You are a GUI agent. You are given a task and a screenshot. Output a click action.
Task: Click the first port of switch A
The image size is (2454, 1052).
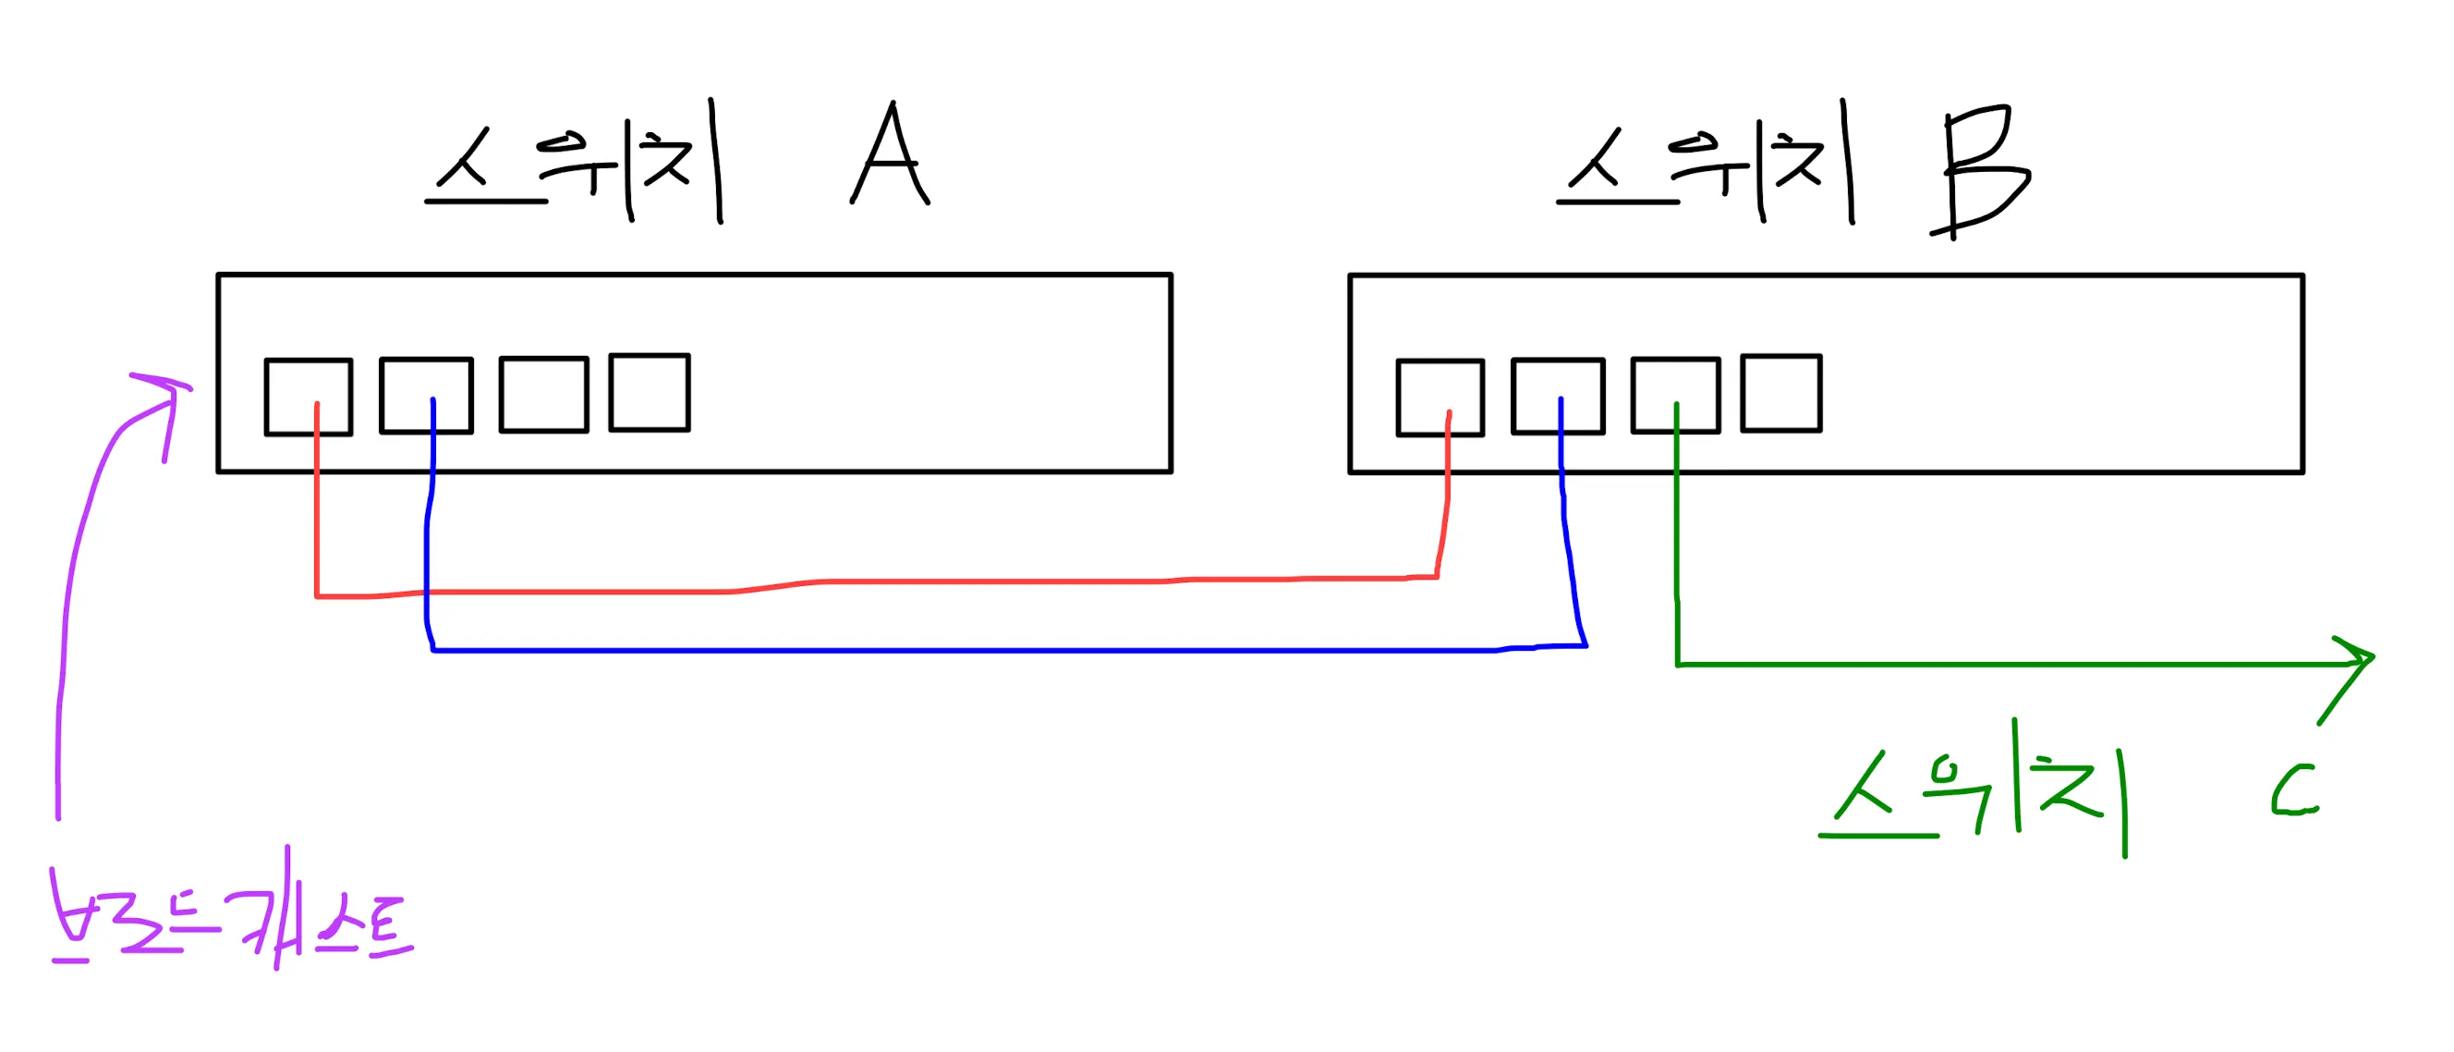(308, 397)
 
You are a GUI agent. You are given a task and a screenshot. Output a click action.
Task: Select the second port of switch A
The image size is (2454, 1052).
(426, 396)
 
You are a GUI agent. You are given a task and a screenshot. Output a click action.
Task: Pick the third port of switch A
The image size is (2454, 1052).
(544, 395)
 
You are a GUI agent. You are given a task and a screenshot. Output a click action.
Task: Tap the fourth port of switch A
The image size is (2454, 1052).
(650, 393)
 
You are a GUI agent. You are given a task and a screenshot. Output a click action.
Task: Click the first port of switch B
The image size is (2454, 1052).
(1440, 398)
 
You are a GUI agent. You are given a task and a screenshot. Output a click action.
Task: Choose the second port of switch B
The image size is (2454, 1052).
(1558, 396)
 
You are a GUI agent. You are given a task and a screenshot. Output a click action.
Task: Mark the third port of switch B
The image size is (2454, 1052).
(1676, 395)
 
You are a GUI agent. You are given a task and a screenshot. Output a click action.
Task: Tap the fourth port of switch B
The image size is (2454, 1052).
(1781, 394)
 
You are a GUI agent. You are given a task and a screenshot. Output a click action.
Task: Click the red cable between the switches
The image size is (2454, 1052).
(953, 581)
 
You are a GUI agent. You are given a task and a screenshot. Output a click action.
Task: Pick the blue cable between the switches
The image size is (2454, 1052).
(953, 651)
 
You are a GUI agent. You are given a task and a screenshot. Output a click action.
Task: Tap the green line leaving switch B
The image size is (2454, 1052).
(2000, 664)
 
